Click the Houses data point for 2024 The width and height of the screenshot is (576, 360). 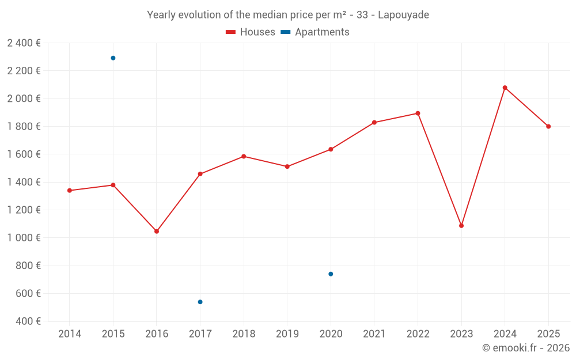point(505,88)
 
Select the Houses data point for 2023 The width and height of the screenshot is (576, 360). point(461,226)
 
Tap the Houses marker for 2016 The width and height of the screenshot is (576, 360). point(157,232)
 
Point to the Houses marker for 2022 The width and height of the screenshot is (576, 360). point(418,113)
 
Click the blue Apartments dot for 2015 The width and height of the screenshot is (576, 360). point(113,58)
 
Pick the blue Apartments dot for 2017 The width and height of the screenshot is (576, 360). point(200,302)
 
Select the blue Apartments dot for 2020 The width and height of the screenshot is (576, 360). point(331,274)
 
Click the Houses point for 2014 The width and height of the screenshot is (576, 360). point(70,191)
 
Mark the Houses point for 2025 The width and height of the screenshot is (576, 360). point(548,127)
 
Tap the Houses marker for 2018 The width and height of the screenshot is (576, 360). point(244,157)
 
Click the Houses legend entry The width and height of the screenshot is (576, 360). point(251,32)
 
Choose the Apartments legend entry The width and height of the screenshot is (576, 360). point(315,32)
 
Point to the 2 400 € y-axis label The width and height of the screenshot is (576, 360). point(24,43)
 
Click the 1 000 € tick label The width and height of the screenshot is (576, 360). point(24,238)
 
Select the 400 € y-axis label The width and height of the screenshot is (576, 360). point(29,321)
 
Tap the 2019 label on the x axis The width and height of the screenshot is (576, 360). point(287,334)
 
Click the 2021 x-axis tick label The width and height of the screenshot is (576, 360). point(374,334)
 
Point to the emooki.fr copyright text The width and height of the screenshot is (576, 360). point(526,348)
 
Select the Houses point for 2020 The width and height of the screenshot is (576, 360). point(331,150)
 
